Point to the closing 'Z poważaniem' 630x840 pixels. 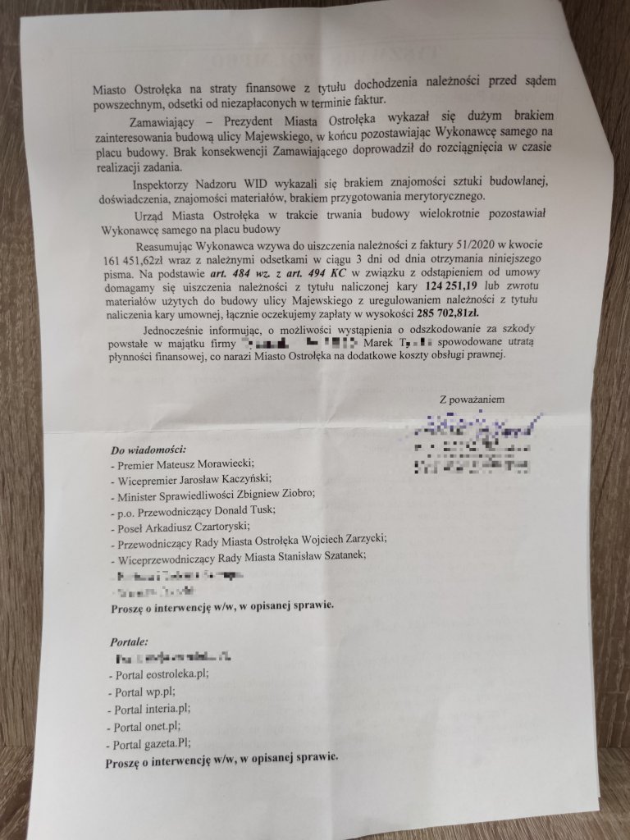472,399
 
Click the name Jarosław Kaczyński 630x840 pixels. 223,479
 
